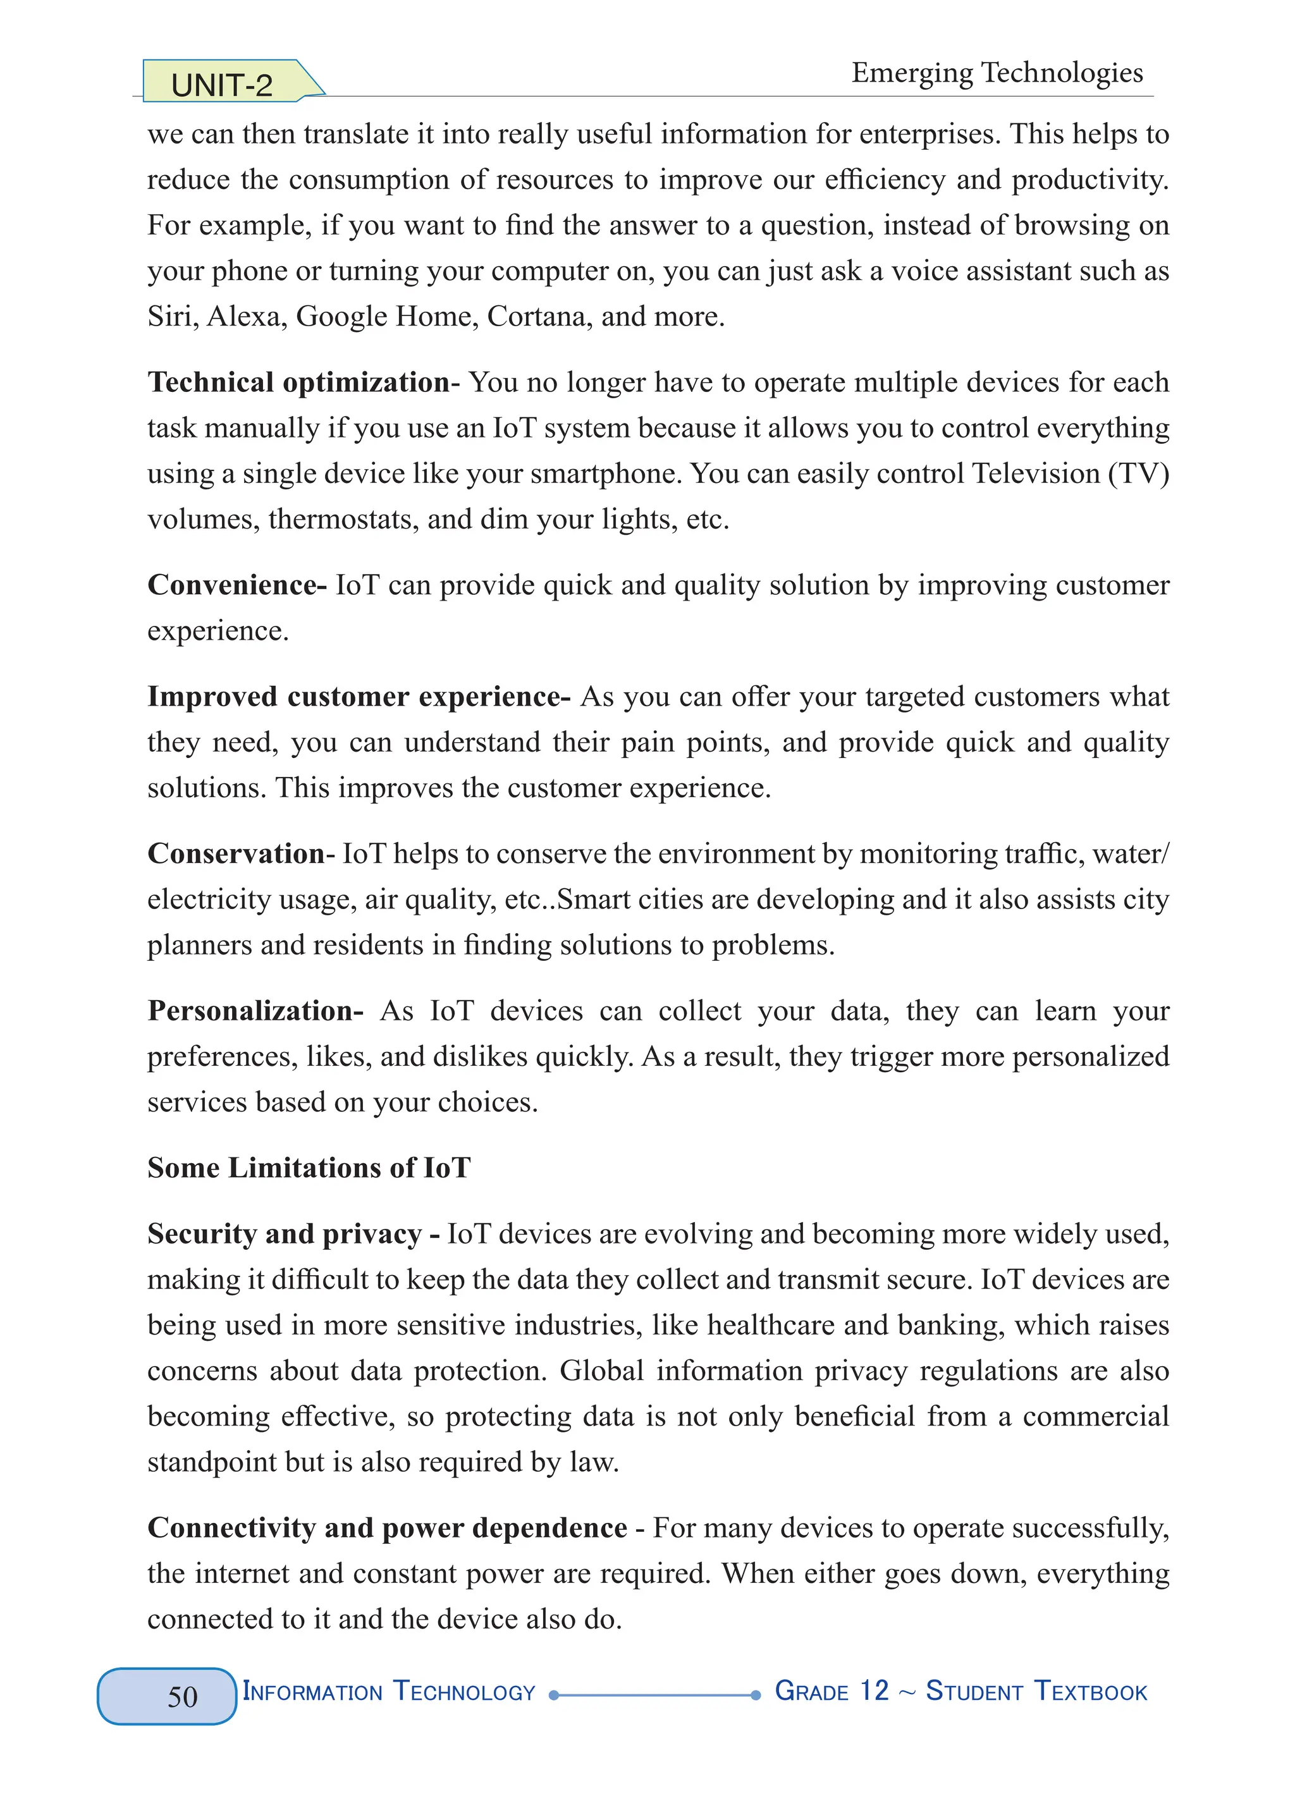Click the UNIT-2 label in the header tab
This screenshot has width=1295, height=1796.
click(x=222, y=85)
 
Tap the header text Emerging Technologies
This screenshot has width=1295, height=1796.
click(x=997, y=73)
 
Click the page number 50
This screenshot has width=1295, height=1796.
click(x=182, y=1696)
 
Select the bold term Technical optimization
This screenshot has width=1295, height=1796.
click(x=298, y=382)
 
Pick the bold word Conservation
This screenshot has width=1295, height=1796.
click(x=236, y=853)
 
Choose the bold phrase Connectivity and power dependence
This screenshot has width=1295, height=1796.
click(x=388, y=1527)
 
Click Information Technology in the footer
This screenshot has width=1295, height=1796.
click(x=389, y=1692)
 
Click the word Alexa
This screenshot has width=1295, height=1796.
click(x=245, y=317)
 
